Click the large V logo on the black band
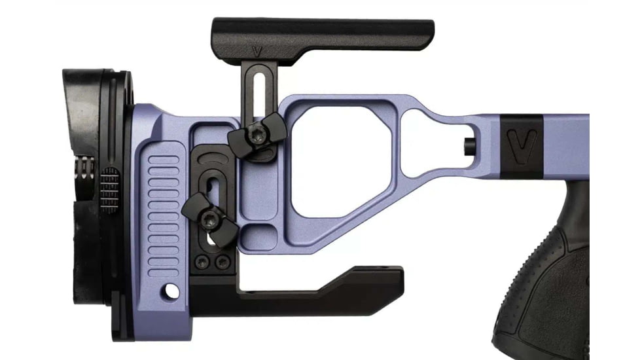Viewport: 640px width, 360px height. [x=522, y=145]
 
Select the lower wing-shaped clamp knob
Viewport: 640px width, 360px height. [x=209, y=217]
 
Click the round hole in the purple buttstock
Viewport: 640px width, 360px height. [x=172, y=289]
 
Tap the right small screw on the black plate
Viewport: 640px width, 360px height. [x=223, y=263]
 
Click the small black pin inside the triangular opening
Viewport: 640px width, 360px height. [x=470, y=145]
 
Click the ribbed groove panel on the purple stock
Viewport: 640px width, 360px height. [x=163, y=209]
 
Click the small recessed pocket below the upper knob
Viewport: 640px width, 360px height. [x=269, y=235]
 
